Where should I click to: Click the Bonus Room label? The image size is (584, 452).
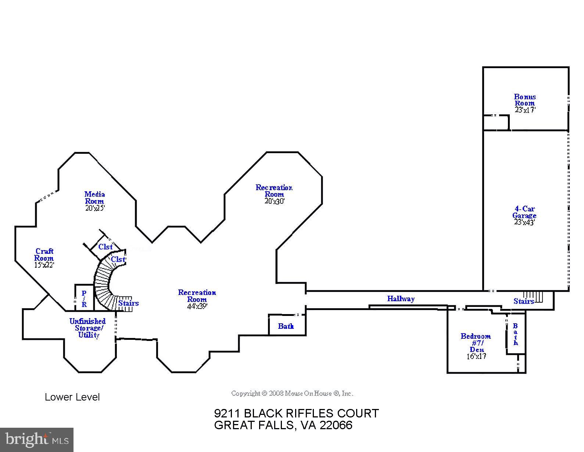coord(524,100)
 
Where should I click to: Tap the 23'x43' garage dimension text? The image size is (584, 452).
coord(524,223)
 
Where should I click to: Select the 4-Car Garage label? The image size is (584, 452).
coord(524,212)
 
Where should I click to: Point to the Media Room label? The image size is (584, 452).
coord(94,197)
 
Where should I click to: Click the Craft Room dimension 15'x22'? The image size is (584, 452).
coord(44,265)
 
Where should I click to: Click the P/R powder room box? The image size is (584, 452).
coord(84,298)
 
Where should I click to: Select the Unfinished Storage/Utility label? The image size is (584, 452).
coord(87,328)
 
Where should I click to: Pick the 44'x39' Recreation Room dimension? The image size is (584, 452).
coord(197,306)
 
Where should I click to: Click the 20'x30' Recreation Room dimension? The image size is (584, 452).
coord(274,201)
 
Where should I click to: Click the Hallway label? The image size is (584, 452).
coord(401,299)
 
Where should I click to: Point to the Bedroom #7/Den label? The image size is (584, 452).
coord(476,342)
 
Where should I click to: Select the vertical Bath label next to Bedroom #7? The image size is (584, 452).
coord(515,334)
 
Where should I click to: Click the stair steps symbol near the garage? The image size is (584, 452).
coord(533,296)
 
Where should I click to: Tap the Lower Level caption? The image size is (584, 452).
coord(72,397)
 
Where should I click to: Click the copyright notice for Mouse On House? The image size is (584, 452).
coord(292,394)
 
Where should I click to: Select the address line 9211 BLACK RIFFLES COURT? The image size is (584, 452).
coord(296,413)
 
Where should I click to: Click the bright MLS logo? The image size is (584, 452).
coord(37,439)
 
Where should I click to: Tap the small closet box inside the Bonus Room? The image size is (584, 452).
coord(495,122)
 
